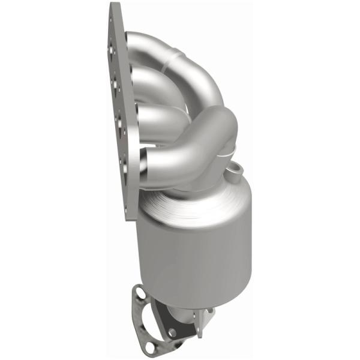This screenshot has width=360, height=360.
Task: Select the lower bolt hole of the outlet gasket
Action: click(173, 332)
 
